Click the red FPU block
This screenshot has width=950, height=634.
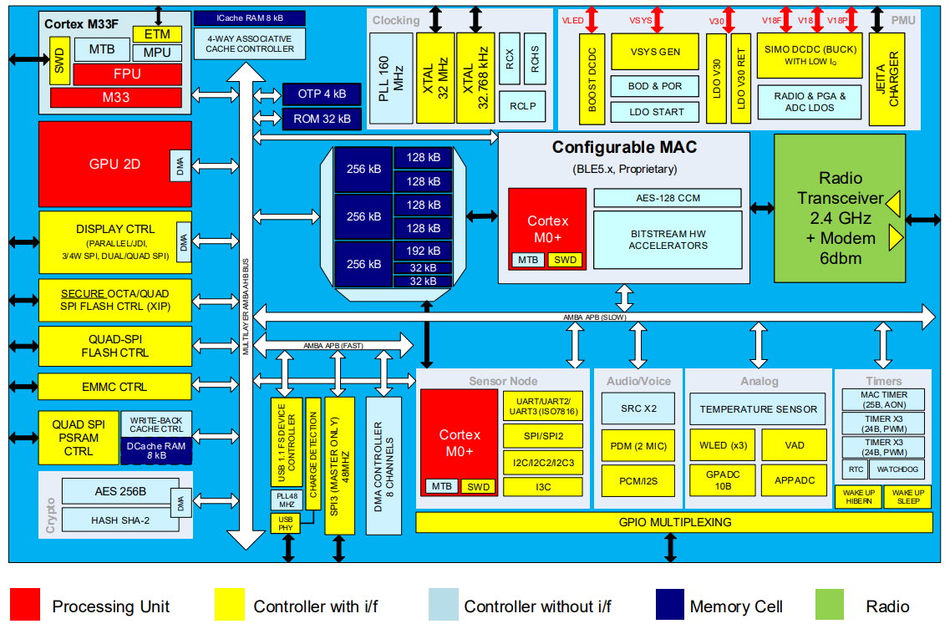pos(127,74)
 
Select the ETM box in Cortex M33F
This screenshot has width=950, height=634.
pos(157,34)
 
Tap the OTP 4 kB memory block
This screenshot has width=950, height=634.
pos(322,94)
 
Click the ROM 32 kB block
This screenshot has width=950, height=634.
pos(322,119)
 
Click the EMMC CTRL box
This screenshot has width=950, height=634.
pos(114,387)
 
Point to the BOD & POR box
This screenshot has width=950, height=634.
pos(655,86)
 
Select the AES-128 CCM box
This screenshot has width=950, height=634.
pos(667,198)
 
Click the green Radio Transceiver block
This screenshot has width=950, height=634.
pos(840,218)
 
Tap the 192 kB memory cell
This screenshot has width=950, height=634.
pos(423,251)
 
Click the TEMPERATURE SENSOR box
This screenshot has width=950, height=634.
pos(759,409)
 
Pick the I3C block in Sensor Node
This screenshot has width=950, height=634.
pos(544,486)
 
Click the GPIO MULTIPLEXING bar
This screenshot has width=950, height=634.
pos(673,522)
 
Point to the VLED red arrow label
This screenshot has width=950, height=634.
pos(572,19)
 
